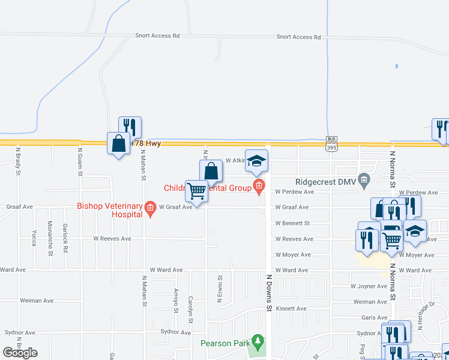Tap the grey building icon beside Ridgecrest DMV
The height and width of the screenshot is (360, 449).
tap(363, 179)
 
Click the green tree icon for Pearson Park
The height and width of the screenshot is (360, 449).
tap(258, 340)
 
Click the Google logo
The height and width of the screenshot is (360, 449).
tap(20, 352)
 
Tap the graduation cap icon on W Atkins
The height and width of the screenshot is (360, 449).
tap(257, 161)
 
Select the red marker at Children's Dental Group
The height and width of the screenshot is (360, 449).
tap(259, 188)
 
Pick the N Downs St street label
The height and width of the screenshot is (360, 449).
tap(269, 293)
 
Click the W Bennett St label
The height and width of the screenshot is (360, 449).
tap(292, 223)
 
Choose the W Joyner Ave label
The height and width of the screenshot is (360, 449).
tap(369, 286)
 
